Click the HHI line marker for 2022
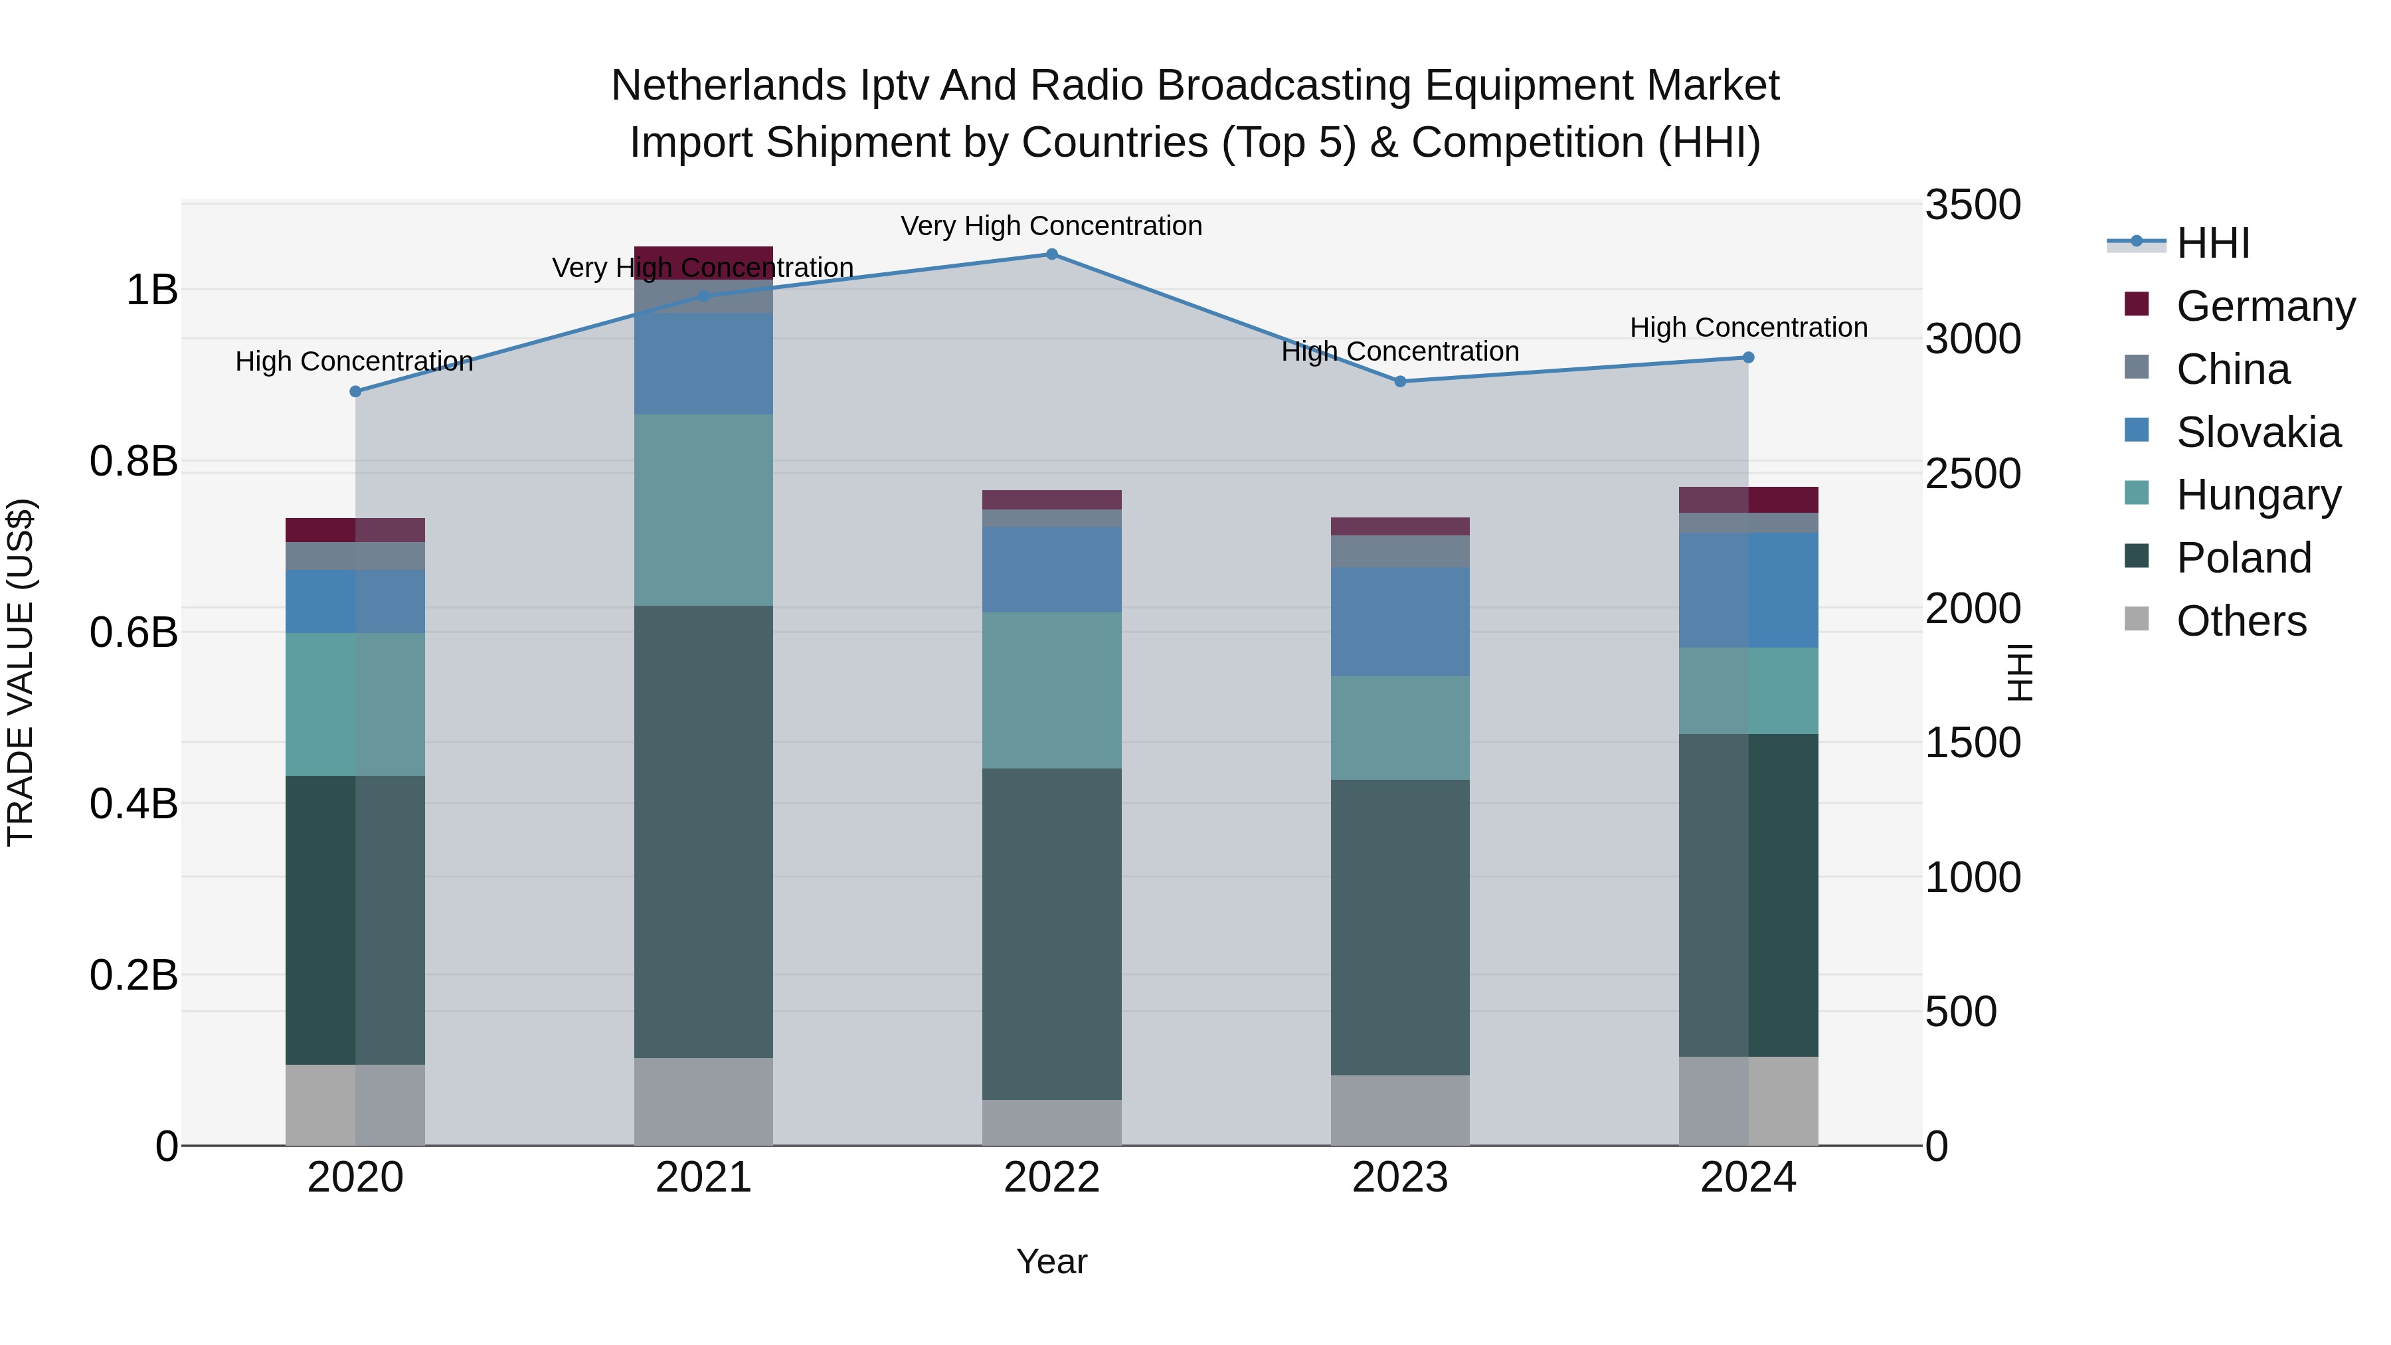pyautogui.click(x=1051, y=254)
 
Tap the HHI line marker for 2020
pyautogui.click(x=355, y=392)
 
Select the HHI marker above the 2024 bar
pyautogui.click(x=1748, y=357)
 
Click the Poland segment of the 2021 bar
pyautogui.click(x=703, y=831)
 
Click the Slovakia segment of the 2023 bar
pyautogui.click(x=1399, y=621)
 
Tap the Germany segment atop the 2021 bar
pyautogui.click(x=703, y=262)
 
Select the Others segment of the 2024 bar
pyautogui.click(x=1748, y=1100)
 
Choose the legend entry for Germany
pyautogui.click(x=2265, y=306)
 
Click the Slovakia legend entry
pyautogui.click(x=2258, y=432)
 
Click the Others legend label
pyautogui.click(x=2241, y=621)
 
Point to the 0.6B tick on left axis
pyautogui.click(x=133, y=633)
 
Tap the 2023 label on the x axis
pyautogui.click(x=1399, y=1178)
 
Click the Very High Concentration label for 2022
pyautogui.click(x=1051, y=226)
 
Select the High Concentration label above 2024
pyautogui.click(x=1748, y=327)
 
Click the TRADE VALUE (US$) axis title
pyautogui.click(x=21, y=672)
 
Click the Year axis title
pyautogui.click(x=1051, y=1261)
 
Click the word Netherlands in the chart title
pyautogui.click(x=729, y=86)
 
